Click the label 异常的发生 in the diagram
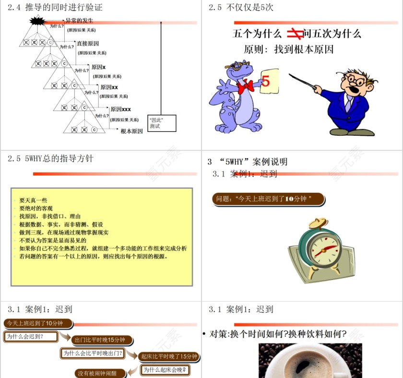pos(80,21)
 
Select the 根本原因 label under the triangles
pos(131,131)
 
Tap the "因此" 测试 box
pos(162,123)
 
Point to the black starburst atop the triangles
pos(37,21)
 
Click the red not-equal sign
pos(294,34)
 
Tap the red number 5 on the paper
pos(266,82)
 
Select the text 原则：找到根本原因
pos(289,49)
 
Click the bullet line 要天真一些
pos(33,200)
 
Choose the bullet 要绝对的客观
pos(36,208)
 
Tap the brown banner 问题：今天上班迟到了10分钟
pos(268,199)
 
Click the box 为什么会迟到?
pos(31,336)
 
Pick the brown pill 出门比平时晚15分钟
pos(102,340)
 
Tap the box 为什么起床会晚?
pos(165,370)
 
